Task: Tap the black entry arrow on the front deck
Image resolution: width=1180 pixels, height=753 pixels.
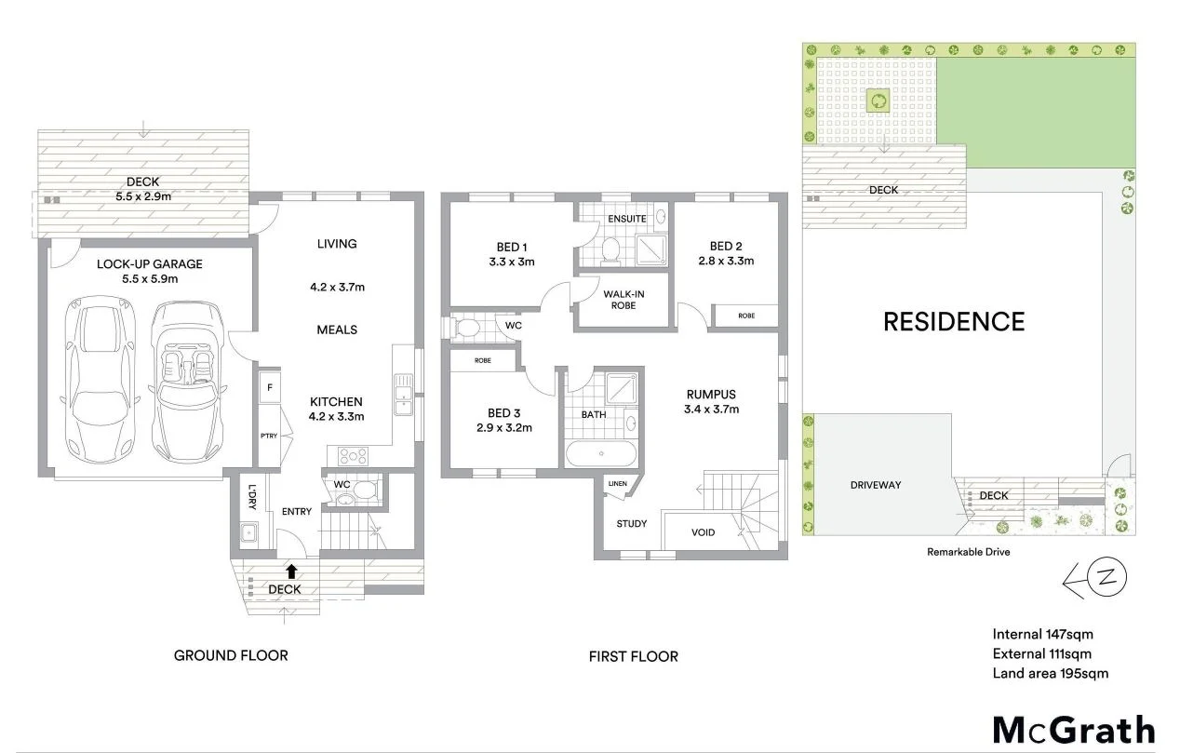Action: coord(291,571)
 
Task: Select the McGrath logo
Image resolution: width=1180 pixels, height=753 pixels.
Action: coord(1073,729)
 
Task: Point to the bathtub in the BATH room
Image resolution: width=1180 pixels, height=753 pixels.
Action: coord(601,455)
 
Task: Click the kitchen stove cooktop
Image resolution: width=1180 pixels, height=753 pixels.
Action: coord(353,456)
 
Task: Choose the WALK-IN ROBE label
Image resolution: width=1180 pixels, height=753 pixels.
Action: coord(624,300)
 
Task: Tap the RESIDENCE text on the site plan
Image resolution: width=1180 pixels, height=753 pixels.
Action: coord(953,322)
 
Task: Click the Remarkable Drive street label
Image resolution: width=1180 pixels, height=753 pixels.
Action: coord(968,552)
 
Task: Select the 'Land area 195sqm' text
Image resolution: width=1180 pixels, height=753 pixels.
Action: coord(1051,674)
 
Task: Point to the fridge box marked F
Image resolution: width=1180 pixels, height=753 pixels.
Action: coord(269,386)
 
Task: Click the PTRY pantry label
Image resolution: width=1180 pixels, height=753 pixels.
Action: coord(269,436)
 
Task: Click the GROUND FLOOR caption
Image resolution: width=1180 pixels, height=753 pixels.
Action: coord(231,655)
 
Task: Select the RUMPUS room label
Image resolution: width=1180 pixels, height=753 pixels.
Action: coord(710,395)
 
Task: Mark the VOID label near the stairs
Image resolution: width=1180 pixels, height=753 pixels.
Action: coord(704,532)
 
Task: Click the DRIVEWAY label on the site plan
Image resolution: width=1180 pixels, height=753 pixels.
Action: coord(876,485)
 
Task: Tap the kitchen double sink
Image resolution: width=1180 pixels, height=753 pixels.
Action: coord(403,395)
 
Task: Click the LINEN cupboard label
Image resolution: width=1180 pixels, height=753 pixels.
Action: coord(618,484)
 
